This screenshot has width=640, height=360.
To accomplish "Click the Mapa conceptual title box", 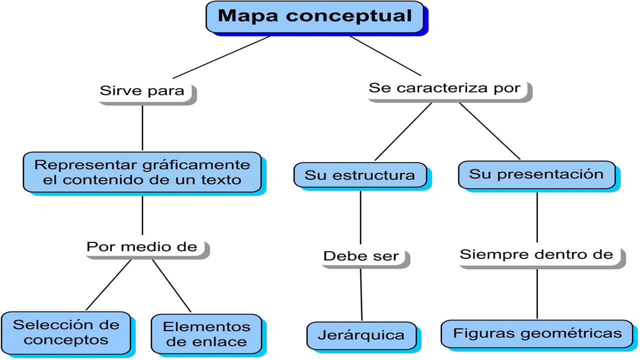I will click(x=315, y=17).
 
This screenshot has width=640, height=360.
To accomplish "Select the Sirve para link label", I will click(x=142, y=91).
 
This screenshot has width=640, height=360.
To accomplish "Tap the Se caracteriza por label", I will click(x=444, y=88).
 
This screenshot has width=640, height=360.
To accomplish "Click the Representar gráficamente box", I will click(x=142, y=172).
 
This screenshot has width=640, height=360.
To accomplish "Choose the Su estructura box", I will click(x=360, y=175).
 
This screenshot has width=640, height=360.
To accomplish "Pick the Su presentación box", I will click(x=536, y=174).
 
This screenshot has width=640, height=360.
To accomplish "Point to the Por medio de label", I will click(x=142, y=246).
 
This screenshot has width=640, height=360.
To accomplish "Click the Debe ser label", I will click(x=361, y=256).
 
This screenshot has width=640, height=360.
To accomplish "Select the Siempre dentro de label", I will click(x=536, y=254).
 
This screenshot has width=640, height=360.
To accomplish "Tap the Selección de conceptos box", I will click(x=66, y=332).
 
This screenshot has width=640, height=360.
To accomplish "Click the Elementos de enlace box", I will click(x=206, y=334).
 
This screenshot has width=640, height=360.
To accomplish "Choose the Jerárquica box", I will click(x=361, y=334).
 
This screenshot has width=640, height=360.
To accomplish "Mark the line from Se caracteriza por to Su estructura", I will click(x=403, y=131).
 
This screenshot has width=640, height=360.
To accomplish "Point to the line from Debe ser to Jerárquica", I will click(x=361, y=295).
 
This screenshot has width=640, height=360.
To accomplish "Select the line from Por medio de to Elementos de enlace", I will click(x=171, y=286).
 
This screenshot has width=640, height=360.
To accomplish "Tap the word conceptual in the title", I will click(x=349, y=16).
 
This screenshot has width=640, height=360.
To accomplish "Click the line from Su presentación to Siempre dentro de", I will click(x=537, y=217).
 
